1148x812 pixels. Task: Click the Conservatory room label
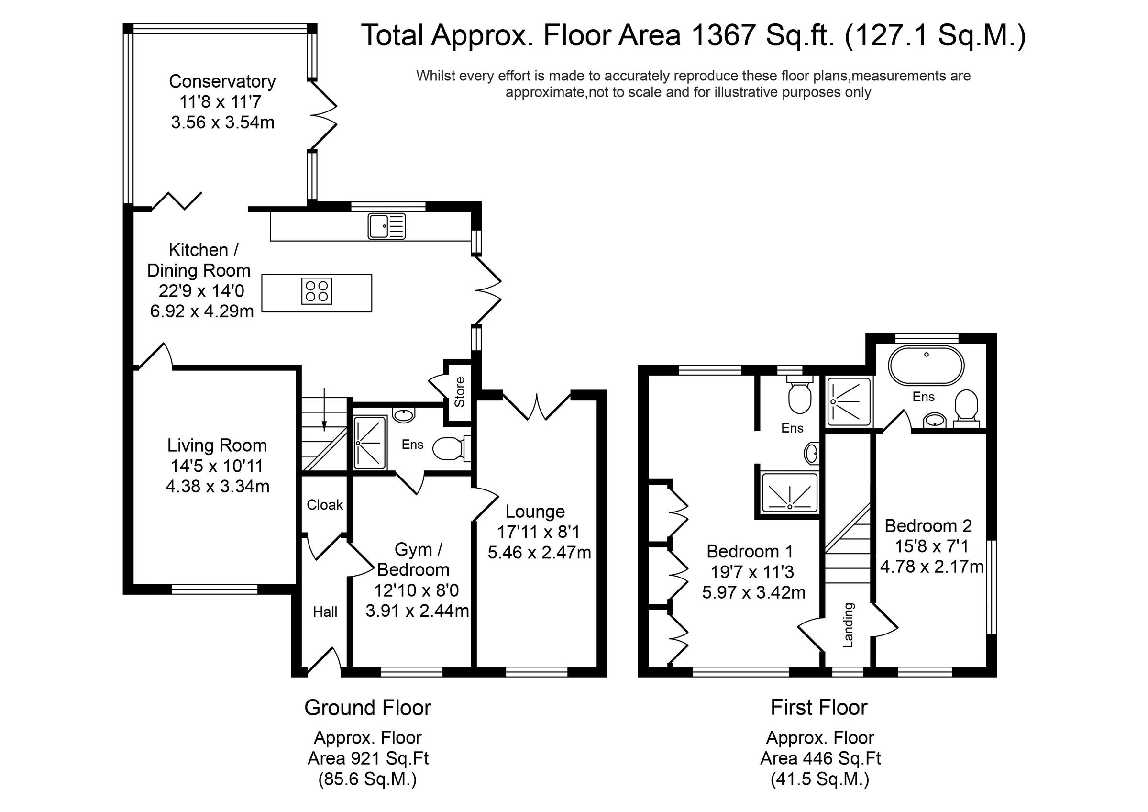[222, 81]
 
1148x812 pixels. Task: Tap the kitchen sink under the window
[386, 226]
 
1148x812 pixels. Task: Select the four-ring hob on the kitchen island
[317, 292]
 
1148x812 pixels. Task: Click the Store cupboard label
[460, 392]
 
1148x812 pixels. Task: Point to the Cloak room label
[324, 505]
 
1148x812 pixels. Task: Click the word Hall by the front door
[325, 612]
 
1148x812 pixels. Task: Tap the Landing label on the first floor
[848, 625]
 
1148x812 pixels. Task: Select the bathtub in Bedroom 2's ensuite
[926, 366]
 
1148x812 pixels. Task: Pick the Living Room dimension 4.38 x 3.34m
[218, 486]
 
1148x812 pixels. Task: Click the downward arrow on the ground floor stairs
[324, 410]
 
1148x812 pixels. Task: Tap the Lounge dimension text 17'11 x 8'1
[539, 532]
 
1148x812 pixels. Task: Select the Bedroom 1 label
[750, 551]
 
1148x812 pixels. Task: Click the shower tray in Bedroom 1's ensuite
[789, 493]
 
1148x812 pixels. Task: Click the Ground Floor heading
[367, 708]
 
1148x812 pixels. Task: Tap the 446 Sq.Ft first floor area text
[820, 758]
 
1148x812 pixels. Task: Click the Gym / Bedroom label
[413, 560]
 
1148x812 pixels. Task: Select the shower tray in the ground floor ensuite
[370, 443]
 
